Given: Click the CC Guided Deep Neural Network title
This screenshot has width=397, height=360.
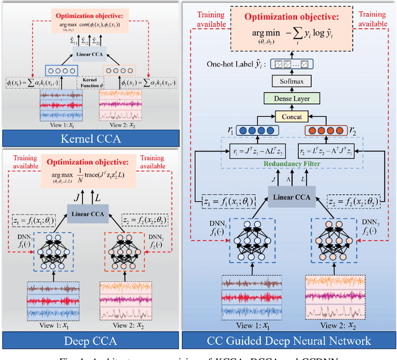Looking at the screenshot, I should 289,340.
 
